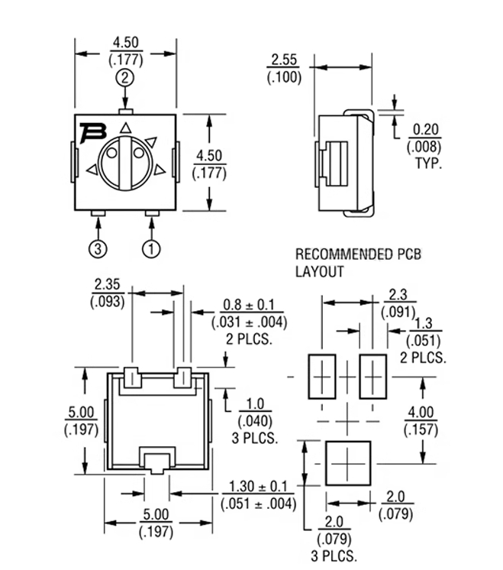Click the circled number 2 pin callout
[126, 77]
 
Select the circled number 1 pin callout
[151, 248]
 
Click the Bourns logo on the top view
[93, 131]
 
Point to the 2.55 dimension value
[284, 61]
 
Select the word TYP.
[428, 164]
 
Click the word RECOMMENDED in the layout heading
[335, 254]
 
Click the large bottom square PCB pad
[348, 462]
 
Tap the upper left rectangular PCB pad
[322, 376]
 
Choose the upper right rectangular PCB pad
[372, 376]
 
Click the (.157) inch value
[421, 430]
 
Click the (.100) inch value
[284, 77]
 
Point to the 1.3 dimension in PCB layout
[425, 325]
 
